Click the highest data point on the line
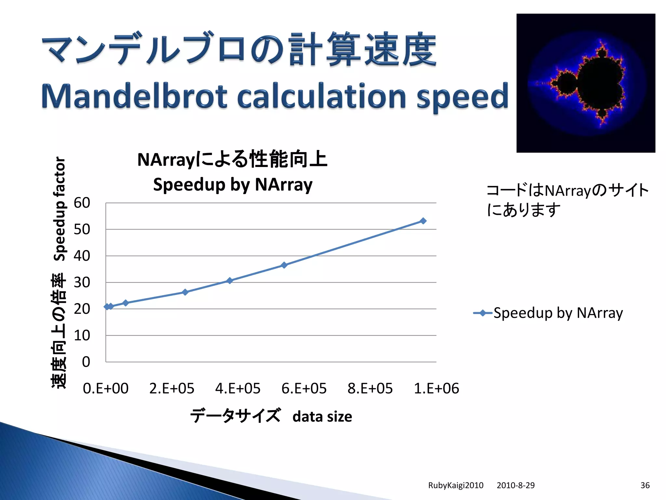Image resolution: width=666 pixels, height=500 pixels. pos(423,221)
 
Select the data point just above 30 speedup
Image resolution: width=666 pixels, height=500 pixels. pos(230,281)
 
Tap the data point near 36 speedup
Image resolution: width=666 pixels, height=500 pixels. pos(284,265)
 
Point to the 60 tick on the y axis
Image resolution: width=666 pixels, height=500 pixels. pos(82,203)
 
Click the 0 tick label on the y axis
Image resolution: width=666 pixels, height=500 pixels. pos(86,362)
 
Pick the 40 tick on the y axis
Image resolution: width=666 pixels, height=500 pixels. pos(82,256)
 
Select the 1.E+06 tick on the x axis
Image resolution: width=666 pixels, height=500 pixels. pos(436,388)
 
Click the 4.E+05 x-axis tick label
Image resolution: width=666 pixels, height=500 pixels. pos(238,388)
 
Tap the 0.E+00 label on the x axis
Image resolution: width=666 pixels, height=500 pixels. pos(106,388)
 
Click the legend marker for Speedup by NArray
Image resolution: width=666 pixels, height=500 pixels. pos(483,313)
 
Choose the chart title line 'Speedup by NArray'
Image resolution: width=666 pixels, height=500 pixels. pos(233,185)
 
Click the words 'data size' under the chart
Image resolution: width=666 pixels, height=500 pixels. pos(322,417)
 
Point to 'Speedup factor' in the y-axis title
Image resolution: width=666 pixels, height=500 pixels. pos(60,209)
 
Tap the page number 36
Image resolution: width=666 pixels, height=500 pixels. pos(645,485)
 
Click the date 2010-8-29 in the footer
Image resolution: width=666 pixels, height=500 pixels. pos(515,485)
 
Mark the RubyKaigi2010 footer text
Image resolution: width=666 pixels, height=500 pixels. pos(456,485)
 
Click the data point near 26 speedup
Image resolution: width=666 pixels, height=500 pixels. pos(185,292)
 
